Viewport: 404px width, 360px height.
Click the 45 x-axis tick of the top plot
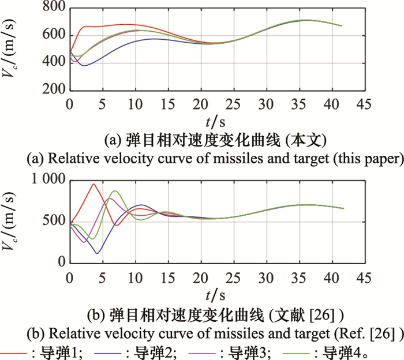click(363, 103)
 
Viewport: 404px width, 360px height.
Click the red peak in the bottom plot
click(93, 184)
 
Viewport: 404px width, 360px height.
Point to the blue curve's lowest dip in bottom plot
click(97, 253)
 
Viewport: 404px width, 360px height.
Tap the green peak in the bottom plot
click(115, 191)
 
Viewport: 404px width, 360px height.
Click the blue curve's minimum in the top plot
click(85, 65)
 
